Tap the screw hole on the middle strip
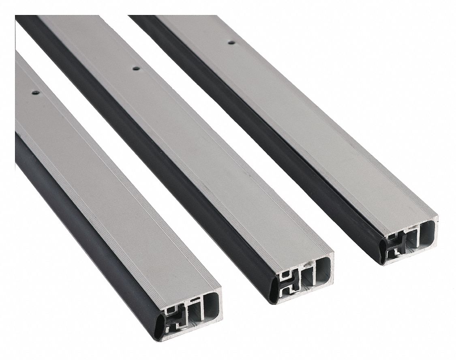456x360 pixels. pyautogui.click(x=136, y=69)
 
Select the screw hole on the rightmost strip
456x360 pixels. pyautogui.click(x=231, y=42)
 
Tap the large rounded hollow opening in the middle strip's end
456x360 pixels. pyautogui.click(x=323, y=270)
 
